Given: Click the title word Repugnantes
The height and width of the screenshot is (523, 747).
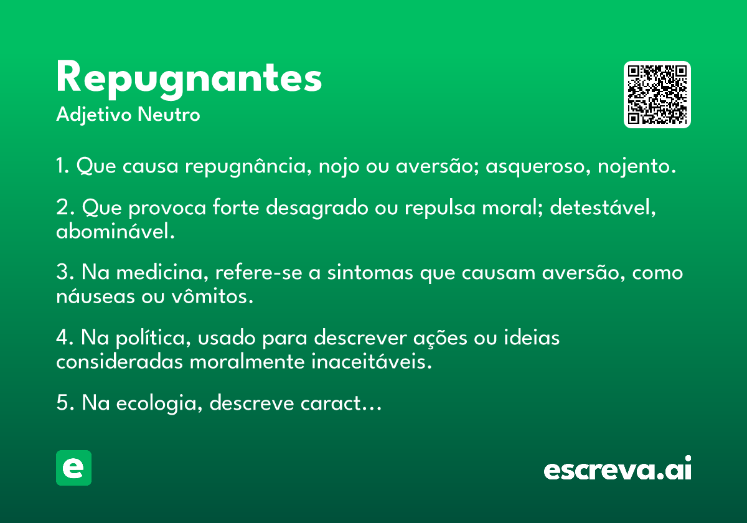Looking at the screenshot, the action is [x=189, y=80].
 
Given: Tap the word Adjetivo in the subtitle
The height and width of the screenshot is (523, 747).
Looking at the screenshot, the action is [x=94, y=115].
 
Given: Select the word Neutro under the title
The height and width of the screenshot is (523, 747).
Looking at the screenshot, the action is [x=169, y=115].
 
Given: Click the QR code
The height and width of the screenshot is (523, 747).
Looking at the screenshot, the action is [x=657, y=95].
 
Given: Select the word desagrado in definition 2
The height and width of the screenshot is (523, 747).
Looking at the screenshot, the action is [x=317, y=208].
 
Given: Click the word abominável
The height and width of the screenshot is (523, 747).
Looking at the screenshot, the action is [x=115, y=231].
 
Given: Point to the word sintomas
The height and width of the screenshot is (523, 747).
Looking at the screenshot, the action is [x=370, y=273].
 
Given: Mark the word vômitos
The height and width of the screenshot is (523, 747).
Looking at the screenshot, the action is [x=212, y=296].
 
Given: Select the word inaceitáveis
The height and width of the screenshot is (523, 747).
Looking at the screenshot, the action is [x=372, y=361].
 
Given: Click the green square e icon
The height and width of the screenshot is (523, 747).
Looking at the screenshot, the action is [x=73, y=468].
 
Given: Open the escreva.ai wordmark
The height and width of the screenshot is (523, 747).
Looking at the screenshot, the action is [x=618, y=468].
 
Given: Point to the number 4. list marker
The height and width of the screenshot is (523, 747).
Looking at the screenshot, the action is [x=64, y=337].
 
